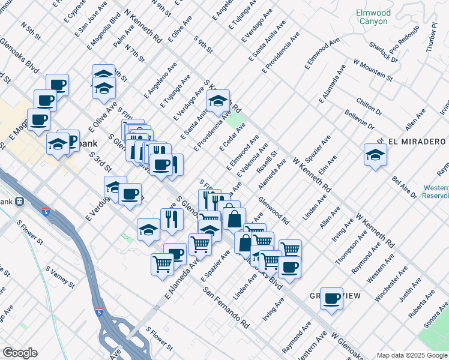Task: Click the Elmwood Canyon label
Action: (x=373, y=17)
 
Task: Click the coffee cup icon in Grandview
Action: (x=331, y=298)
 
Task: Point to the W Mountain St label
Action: (x=372, y=70)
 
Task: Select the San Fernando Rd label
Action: (x=226, y=307)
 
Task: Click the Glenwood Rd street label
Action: (x=273, y=209)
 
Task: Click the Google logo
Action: (x=20, y=353)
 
